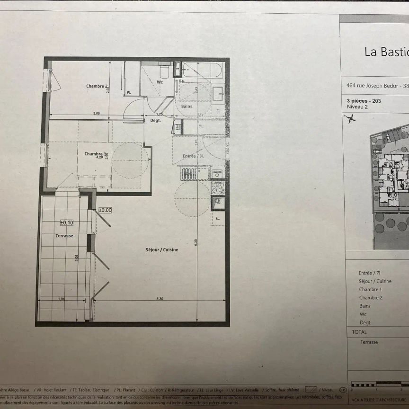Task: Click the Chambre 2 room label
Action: [x=97, y=86]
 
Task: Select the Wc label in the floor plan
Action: [x=160, y=82]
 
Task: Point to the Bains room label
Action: [x=187, y=107]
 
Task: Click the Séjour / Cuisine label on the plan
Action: [x=162, y=250]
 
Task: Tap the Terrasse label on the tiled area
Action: [x=64, y=235]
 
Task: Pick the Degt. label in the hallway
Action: [x=155, y=121]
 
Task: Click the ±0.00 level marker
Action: [x=105, y=210]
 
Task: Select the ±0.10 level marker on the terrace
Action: [x=67, y=222]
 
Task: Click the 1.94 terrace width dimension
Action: [x=62, y=299]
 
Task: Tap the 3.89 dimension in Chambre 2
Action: [x=96, y=113]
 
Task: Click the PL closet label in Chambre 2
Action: [x=129, y=93]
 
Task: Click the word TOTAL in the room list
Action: [x=359, y=332]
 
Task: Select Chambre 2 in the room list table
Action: [x=370, y=298]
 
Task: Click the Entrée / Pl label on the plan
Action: [x=193, y=156]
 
